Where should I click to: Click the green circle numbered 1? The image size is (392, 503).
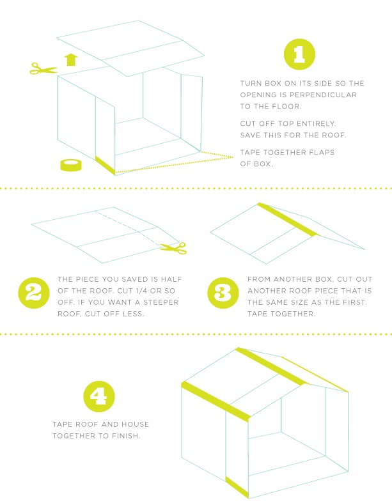299,54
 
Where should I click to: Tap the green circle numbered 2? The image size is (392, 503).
34,293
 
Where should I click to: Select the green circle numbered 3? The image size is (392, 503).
223,293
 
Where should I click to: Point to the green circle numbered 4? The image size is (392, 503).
99,396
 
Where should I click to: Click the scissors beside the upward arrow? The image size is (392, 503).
43,68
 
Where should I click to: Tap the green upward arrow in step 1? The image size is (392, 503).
71,59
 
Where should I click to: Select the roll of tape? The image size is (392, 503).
71,165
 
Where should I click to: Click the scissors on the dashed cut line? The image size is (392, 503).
173,248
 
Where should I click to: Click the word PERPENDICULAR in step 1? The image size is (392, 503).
324,95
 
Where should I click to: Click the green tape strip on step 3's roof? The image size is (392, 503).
288,220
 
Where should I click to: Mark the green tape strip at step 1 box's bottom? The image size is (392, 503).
106,165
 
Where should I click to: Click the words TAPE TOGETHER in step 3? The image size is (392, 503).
281,314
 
